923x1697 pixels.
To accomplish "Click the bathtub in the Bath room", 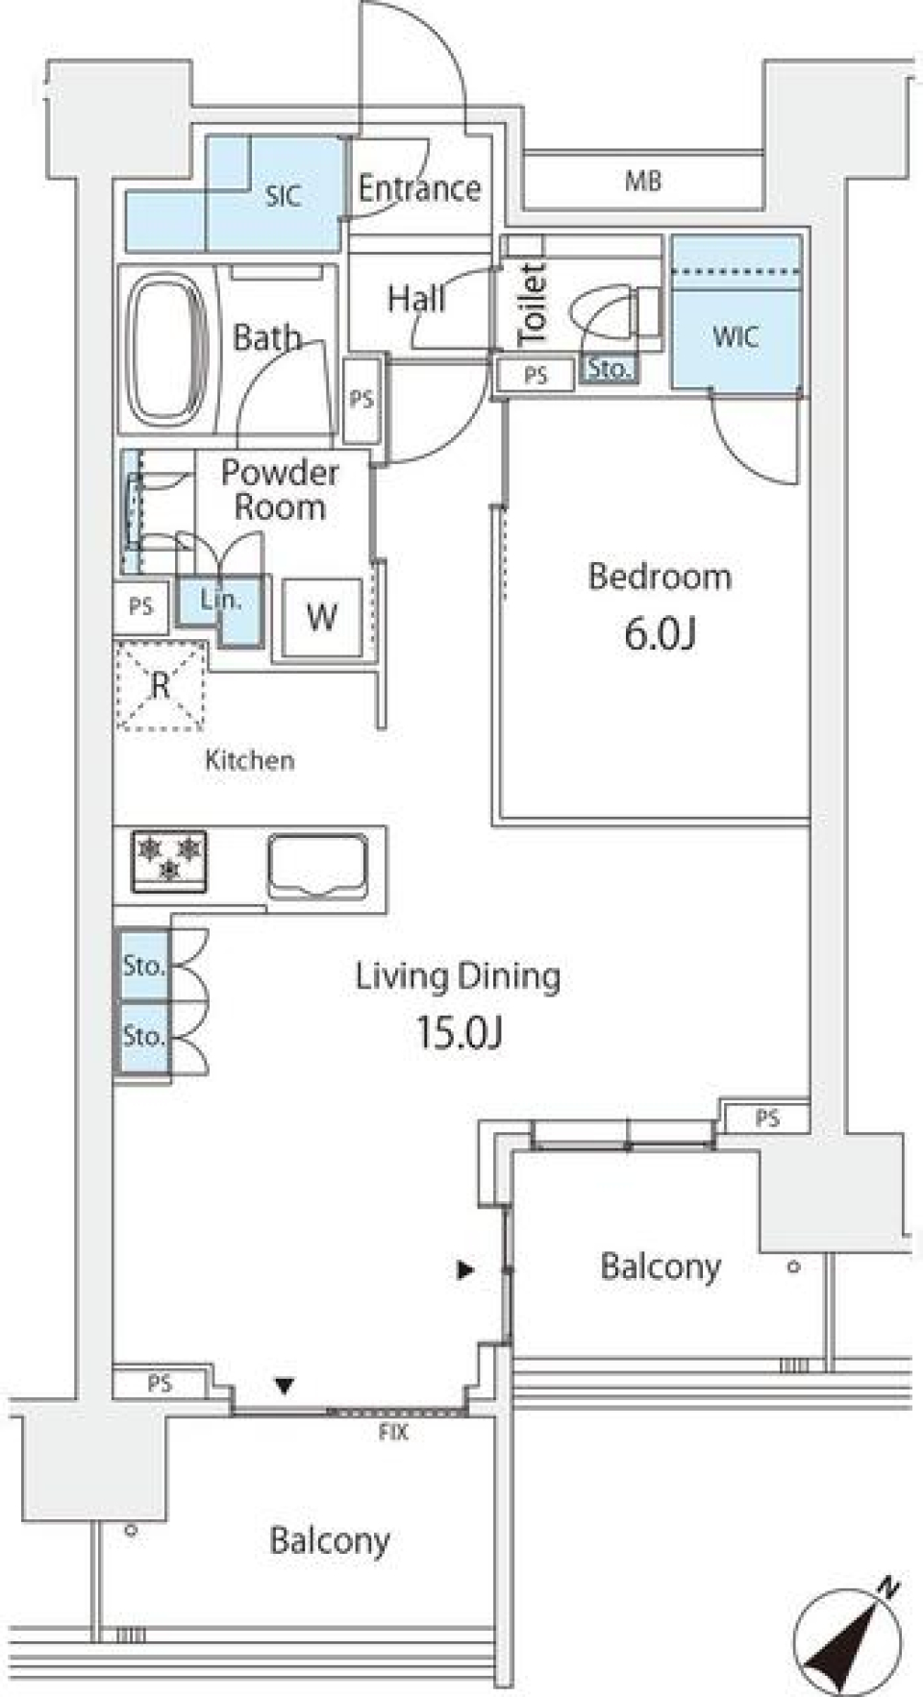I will (x=168, y=350).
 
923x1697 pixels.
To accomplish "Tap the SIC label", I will (x=283, y=197).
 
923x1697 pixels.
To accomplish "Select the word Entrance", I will (x=419, y=188).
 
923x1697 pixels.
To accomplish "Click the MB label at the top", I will (x=642, y=181).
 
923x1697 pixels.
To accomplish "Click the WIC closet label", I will (x=736, y=337).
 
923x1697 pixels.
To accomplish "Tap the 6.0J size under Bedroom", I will (x=660, y=634).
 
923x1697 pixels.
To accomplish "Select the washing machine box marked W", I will (x=321, y=617).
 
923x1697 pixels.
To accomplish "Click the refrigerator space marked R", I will (x=161, y=686).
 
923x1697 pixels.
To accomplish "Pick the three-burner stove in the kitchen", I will (x=169, y=860).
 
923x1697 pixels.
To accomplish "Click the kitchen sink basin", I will (x=317, y=866).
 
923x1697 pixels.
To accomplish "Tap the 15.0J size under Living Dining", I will (x=460, y=1033).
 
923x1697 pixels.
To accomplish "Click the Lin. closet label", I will (x=220, y=601).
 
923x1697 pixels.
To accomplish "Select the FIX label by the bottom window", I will (x=393, y=1433).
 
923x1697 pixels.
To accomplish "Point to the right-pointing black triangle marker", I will (x=465, y=1270).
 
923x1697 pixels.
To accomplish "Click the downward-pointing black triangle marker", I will (x=284, y=1386).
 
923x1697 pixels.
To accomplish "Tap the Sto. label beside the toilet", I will (x=608, y=369).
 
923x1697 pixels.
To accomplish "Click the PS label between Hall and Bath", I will (x=362, y=399).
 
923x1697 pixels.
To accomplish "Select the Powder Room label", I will (x=280, y=489).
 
